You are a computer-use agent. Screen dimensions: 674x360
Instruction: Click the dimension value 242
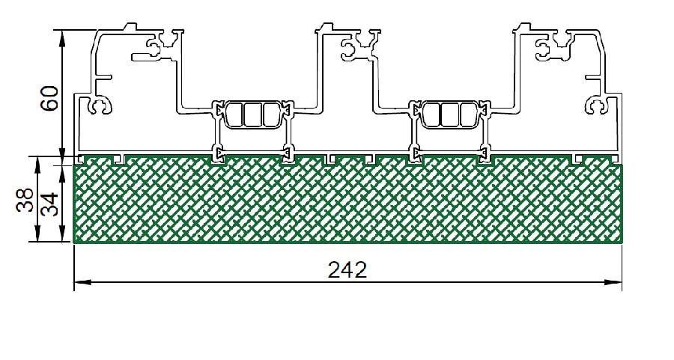pyautogui.click(x=347, y=269)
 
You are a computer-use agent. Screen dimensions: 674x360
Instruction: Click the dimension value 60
pyautogui.click(x=49, y=98)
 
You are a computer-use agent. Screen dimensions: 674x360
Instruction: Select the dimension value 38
pyautogui.click(x=25, y=200)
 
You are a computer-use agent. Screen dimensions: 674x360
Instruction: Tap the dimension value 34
pyautogui.click(x=49, y=204)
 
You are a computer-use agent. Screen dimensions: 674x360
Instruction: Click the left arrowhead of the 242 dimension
pyautogui.click(x=82, y=282)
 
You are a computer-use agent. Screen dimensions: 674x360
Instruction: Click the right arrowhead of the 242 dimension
pyautogui.click(x=613, y=282)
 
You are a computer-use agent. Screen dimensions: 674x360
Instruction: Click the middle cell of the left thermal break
pyautogui.click(x=253, y=115)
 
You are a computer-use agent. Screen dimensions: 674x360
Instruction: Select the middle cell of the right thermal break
pyautogui.click(x=449, y=115)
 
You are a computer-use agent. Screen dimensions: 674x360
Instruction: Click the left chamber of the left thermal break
pyautogui.click(x=234, y=115)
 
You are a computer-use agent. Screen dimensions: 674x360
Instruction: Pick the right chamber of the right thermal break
pyautogui.click(x=467, y=115)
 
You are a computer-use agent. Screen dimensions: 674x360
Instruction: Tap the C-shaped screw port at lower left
pyautogui.click(x=100, y=106)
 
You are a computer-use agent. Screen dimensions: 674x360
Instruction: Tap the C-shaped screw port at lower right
pyautogui.click(x=596, y=106)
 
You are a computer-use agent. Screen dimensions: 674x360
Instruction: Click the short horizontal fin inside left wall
pyautogui.click(x=104, y=78)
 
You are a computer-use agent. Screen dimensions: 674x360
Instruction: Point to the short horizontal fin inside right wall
pyautogui.click(x=594, y=78)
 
